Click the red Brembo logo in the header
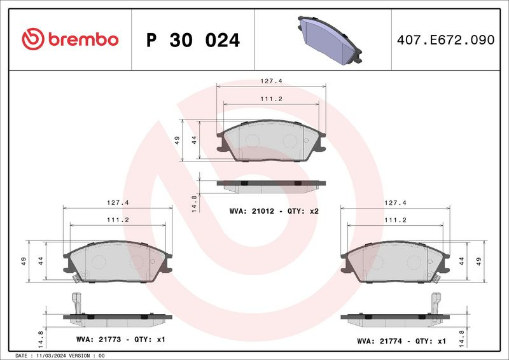point(70,39)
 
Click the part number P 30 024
point(193,40)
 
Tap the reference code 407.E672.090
point(446,40)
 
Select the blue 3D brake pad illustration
point(330,40)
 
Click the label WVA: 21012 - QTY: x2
point(274,211)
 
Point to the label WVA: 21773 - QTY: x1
point(121,339)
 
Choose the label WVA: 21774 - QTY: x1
point(401,341)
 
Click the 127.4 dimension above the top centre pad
point(272,81)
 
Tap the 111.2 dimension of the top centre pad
point(272,99)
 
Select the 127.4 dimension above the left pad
point(118,202)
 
